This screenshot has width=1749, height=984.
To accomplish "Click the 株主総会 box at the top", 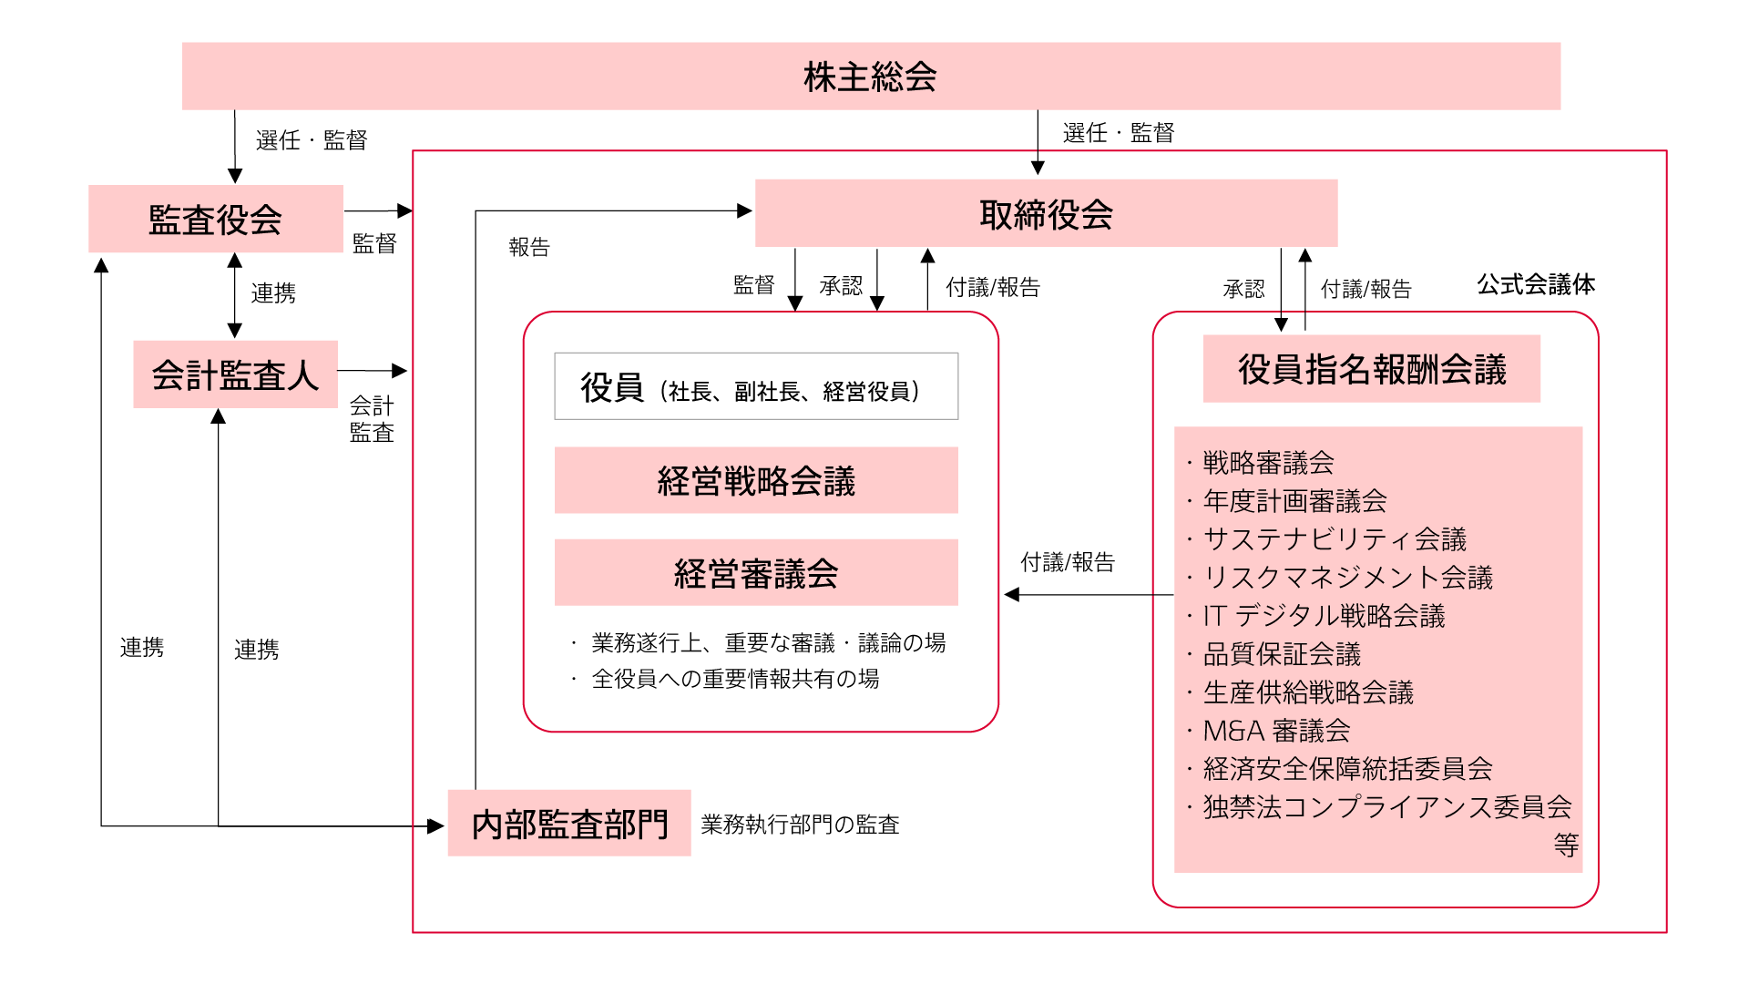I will (871, 77).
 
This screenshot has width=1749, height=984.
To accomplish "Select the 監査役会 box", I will (216, 220).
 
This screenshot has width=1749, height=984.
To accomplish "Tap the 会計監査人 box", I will (235, 374).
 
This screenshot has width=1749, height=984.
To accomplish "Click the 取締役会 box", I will (1046, 214).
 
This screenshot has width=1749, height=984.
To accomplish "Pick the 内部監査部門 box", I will (569, 824).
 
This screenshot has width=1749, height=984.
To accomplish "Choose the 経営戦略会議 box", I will (756, 481).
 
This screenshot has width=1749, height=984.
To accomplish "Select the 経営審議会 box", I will (756, 573).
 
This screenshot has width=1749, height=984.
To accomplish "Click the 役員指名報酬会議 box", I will (1371, 369).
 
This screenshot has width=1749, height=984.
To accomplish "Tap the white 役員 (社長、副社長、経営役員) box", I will (756, 387).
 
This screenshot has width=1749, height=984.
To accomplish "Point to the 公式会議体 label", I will (1536, 284).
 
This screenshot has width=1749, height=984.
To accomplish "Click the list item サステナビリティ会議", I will (1335, 539).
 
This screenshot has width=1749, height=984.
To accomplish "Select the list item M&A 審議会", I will (1276, 731).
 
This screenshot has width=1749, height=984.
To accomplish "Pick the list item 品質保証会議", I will (1282, 654).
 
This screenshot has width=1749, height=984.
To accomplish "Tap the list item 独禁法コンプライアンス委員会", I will (1386, 807).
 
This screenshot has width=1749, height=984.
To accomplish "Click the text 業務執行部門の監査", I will (800, 825).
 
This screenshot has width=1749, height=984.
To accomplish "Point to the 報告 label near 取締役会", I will (529, 247).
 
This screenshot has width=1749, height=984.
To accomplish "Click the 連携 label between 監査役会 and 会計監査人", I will (273, 293).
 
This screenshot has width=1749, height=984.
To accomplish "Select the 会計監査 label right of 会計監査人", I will (372, 419).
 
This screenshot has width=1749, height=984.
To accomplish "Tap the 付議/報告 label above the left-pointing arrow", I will (1068, 562).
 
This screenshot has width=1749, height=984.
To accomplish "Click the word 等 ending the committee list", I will (1566, 846).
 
